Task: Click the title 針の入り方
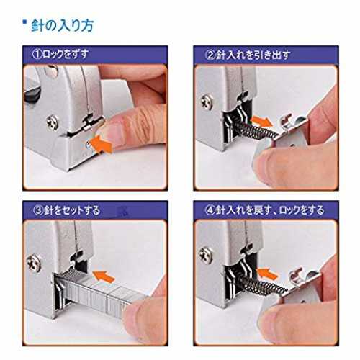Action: [x=63, y=26]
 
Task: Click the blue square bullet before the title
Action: [x=24, y=22]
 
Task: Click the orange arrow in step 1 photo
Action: [x=103, y=143]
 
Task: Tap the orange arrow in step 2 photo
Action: [x=262, y=122]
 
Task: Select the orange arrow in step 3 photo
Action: [x=104, y=276]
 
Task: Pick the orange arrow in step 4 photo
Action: [x=268, y=274]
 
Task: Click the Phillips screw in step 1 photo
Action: [x=53, y=123]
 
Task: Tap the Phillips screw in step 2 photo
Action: [x=207, y=102]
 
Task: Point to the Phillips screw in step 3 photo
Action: [x=34, y=264]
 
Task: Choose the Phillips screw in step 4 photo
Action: [x=206, y=255]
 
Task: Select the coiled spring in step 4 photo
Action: [x=261, y=283]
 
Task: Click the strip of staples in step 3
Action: [x=94, y=292]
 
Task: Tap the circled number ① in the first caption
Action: [x=37, y=55]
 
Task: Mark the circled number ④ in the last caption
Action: [x=210, y=210]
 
